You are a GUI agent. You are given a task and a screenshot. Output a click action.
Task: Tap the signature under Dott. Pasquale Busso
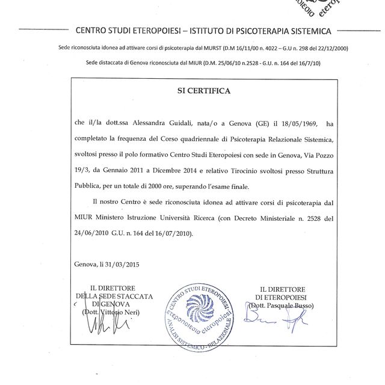[280, 328]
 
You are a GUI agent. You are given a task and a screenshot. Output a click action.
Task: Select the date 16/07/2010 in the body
[189, 232]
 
